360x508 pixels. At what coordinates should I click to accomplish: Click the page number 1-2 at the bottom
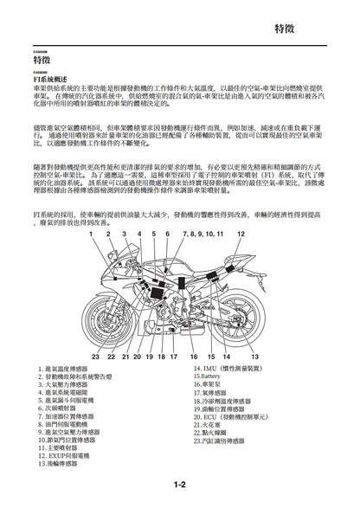click(x=180, y=484)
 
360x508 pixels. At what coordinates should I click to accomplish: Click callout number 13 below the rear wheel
click(x=254, y=356)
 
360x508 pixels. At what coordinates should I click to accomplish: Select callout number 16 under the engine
click(x=194, y=356)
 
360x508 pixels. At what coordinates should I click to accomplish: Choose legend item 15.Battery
click(x=210, y=376)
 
